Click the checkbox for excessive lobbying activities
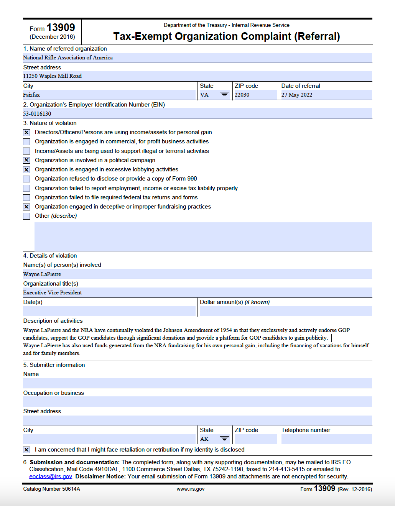point(26,170)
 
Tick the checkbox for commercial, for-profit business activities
point(26,142)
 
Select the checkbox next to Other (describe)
point(26,216)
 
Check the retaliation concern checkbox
point(26,450)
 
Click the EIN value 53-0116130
point(37,114)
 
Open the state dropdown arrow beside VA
point(224,95)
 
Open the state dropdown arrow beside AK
point(224,439)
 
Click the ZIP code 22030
point(242,95)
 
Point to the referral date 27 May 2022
point(297,95)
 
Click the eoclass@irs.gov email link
point(51,476)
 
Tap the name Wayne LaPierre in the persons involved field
point(42,274)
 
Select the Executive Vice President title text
point(53,292)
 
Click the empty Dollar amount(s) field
point(286,311)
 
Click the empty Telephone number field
point(326,439)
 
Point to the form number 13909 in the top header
point(61,28)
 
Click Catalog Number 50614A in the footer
point(52,489)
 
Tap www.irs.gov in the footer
point(191,489)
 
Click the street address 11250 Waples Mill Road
point(53,76)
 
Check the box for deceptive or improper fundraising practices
point(26,207)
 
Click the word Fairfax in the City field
point(31,95)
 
